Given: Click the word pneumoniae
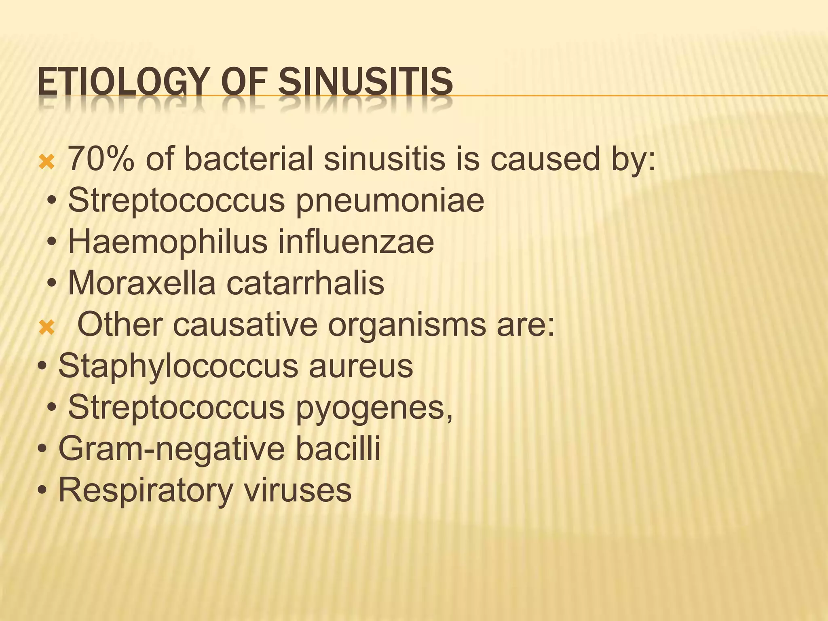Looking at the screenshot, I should pos(390,201).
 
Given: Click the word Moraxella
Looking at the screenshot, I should pos(142,283).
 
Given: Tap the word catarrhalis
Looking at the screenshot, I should pos(305,283).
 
